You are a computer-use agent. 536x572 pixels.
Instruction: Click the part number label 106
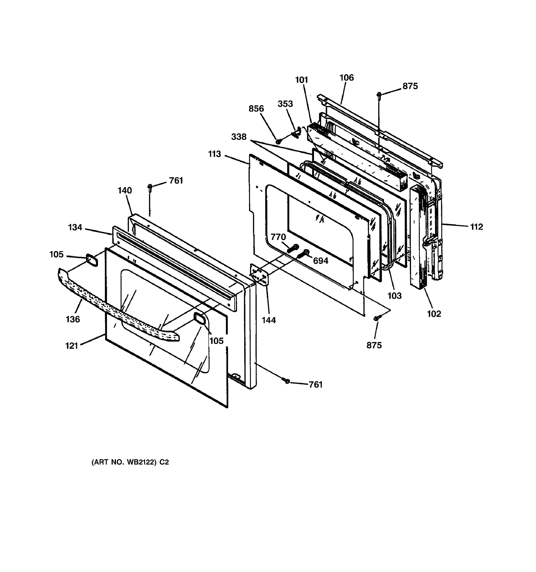(x=347, y=78)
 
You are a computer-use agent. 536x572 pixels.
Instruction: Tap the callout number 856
(x=256, y=109)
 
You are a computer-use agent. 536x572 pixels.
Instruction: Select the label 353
(x=285, y=104)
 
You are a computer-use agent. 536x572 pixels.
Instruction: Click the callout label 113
(x=214, y=154)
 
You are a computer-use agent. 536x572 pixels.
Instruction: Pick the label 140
(x=125, y=190)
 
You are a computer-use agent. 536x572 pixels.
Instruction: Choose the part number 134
(x=75, y=227)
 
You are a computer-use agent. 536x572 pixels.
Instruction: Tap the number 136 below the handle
(x=73, y=319)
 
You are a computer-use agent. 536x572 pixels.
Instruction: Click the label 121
(x=72, y=346)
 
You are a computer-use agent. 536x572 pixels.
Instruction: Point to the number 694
(x=320, y=261)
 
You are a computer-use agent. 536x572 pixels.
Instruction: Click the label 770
(x=278, y=237)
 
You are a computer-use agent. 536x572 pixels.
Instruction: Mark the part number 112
(x=476, y=227)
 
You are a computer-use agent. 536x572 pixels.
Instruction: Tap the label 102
(x=434, y=314)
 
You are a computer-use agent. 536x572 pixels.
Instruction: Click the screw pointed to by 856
(x=278, y=142)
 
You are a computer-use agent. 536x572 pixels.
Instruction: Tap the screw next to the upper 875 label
(x=379, y=95)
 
